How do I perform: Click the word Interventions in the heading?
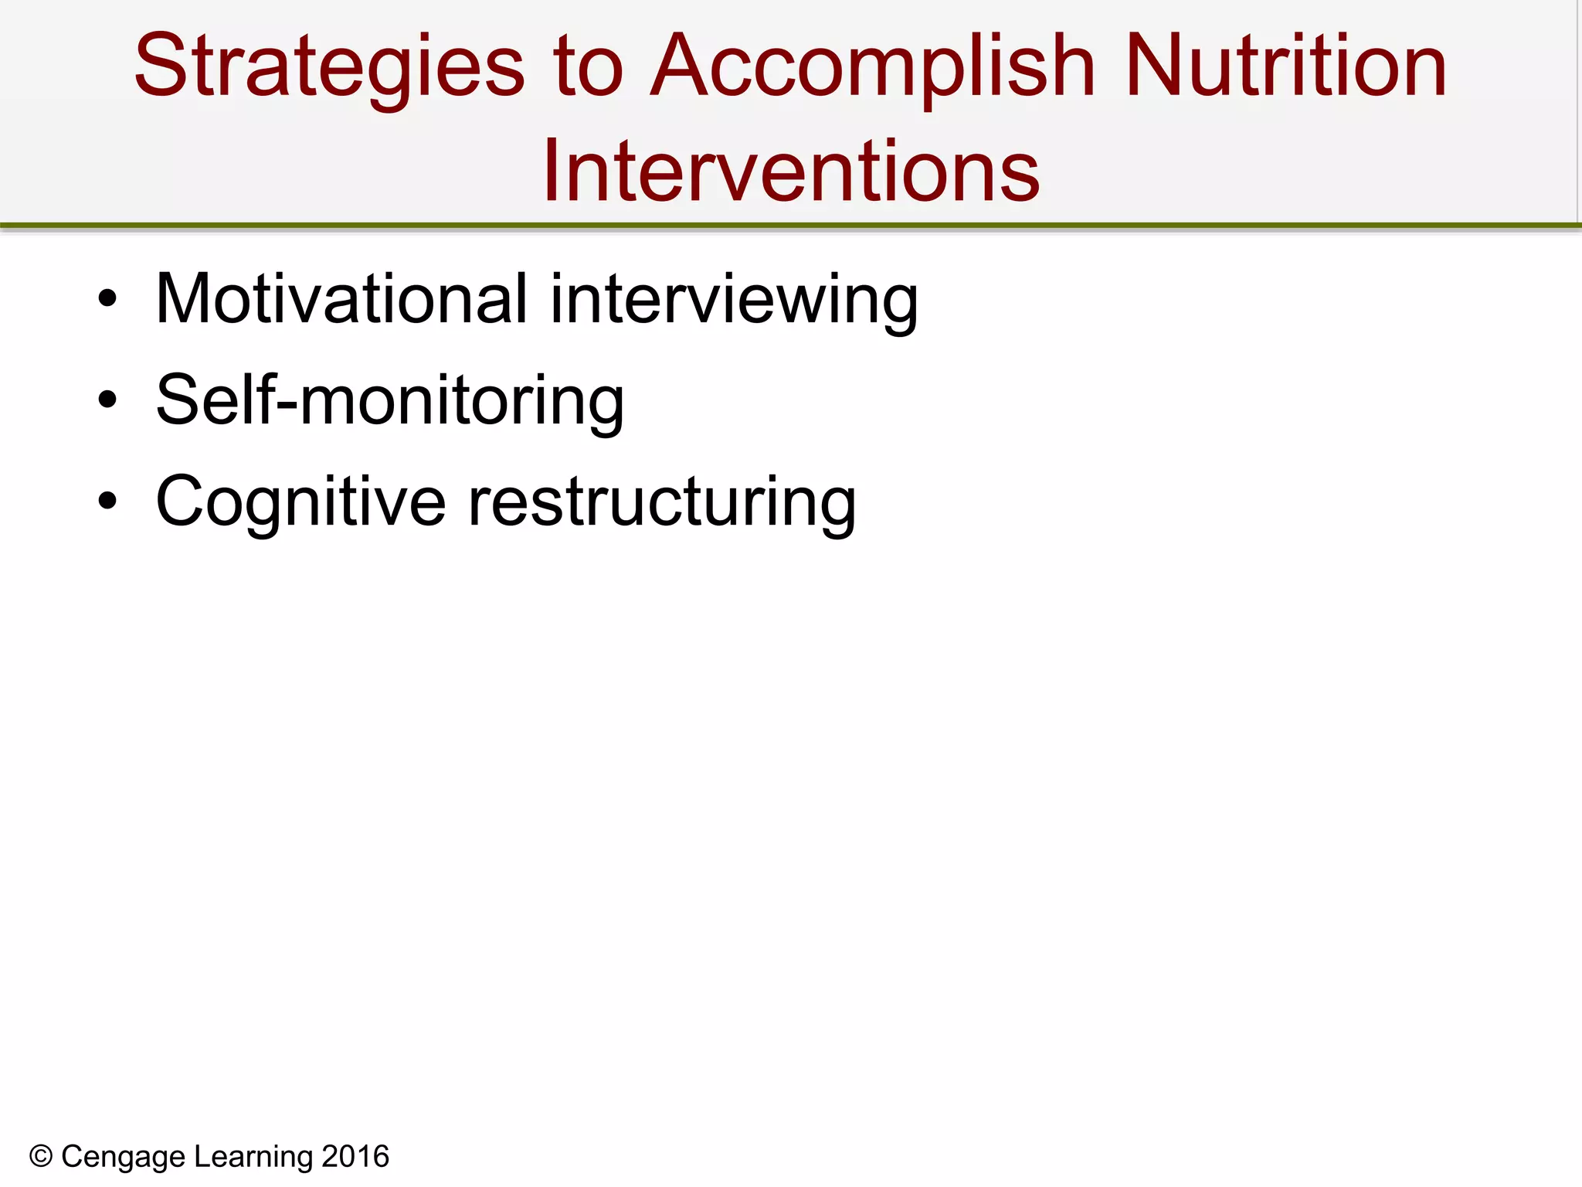coord(791,172)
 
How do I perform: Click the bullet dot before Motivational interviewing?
coord(107,299)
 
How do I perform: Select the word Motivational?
coord(341,299)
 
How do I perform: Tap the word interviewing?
coord(734,299)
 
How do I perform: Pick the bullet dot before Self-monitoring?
coord(107,400)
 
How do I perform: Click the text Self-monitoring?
coord(389,400)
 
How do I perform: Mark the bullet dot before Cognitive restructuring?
coord(107,502)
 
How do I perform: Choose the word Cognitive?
coord(300,502)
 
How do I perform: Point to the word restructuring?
coord(662,502)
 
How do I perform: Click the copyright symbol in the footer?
coord(41,1157)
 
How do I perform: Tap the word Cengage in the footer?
coord(124,1157)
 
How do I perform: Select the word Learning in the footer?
coord(253,1157)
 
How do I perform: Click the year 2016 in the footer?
coord(355,1157)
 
